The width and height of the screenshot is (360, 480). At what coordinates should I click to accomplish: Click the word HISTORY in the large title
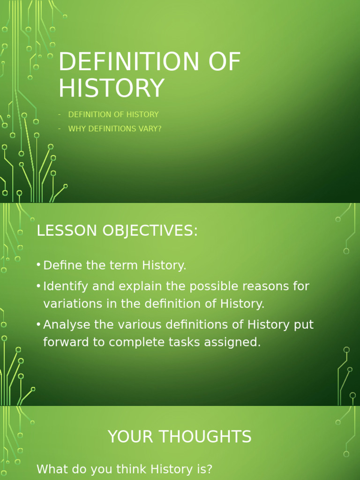(111, 88)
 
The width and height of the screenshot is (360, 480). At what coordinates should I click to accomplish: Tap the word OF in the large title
(223, 62)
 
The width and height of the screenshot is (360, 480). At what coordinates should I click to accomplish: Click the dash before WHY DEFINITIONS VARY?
(60, 128)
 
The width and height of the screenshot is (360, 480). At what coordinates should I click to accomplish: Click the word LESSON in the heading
(62, 231)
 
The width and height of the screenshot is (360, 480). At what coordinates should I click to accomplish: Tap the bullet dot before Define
(38, 265)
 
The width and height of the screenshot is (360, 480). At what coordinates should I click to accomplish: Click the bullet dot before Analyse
(38, 324)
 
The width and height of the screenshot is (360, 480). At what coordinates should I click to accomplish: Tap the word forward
(66, 342)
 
